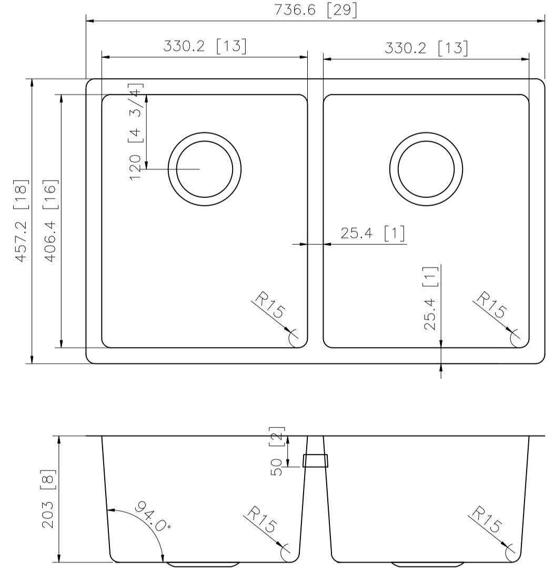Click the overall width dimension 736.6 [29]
(315, 11)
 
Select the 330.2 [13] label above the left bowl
(204, 46)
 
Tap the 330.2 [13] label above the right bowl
(426, 48)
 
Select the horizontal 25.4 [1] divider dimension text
(372, 233)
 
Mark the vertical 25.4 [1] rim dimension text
(430, 298)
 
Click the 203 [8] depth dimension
(49, 499)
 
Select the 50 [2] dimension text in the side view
(277, 451)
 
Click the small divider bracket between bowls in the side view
(315, 461)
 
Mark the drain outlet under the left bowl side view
(203, 565)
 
